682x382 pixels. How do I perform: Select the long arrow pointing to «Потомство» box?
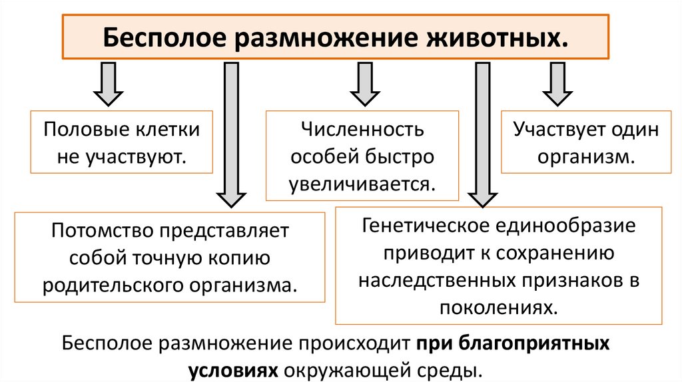[x=230, y=133]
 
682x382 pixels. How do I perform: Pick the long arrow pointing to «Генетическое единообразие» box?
[x=483, y=133]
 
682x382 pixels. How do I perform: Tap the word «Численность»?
[x=363, y=129]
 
